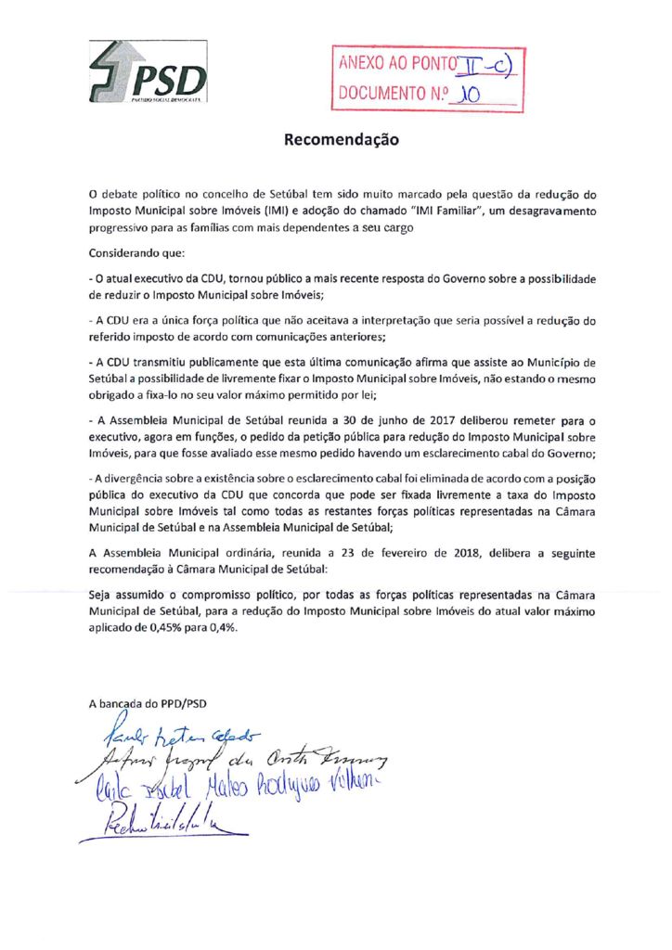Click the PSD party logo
coord(149,71)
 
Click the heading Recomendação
coord(341,141)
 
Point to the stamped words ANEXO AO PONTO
coord(398,64)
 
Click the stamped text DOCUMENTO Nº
coord(389,94)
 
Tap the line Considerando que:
coord(136,252)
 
